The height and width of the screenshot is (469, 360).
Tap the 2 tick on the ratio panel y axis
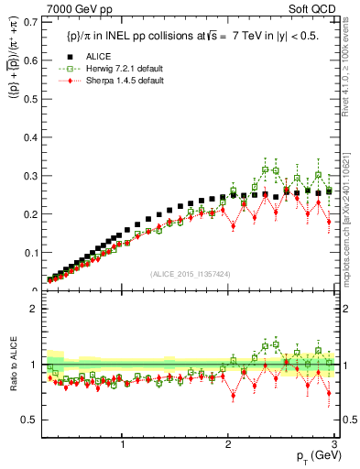(x=37, y=309)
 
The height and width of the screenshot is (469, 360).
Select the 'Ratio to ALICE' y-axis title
(x=12, y=365)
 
